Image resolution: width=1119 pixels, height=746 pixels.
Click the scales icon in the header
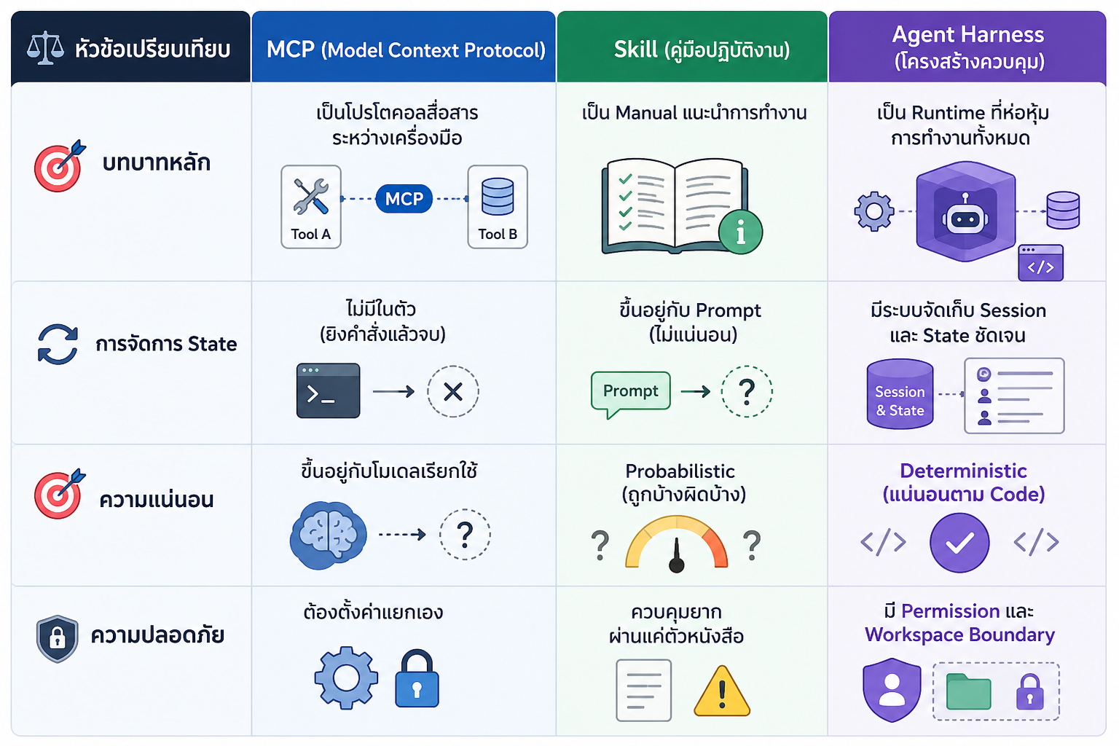[x=45, y=48]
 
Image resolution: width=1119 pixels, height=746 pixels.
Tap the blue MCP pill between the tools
[x=404, y=199]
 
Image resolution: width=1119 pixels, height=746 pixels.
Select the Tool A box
[x=311, y=207]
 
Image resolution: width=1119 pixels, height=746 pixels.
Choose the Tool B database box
[x=498, y=207]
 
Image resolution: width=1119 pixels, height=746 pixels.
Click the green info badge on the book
[x=740, y=232]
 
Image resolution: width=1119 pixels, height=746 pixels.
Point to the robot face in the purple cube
[x=965, y=216]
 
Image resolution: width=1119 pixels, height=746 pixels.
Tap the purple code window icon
[x=1040, y=263]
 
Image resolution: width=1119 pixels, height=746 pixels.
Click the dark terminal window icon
[x=329, y=390]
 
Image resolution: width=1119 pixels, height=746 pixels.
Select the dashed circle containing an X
[x=453, y=392]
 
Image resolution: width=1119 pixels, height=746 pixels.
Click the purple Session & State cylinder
[x=900, y=393]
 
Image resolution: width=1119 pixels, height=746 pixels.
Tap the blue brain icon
[x=329, y=535]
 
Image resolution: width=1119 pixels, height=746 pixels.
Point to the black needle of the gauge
[x=677, y=556]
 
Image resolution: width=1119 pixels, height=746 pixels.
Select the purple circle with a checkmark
[x=959, y=543]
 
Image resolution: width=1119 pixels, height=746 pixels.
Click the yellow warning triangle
[x=722, y=691]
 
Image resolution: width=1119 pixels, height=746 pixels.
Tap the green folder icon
[x=968, y=691]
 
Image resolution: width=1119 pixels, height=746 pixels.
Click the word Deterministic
[x=963, y=471]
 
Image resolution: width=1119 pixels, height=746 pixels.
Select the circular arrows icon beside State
[x=58, y=345]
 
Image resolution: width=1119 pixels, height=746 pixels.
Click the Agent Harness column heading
[x=968, y=48]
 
